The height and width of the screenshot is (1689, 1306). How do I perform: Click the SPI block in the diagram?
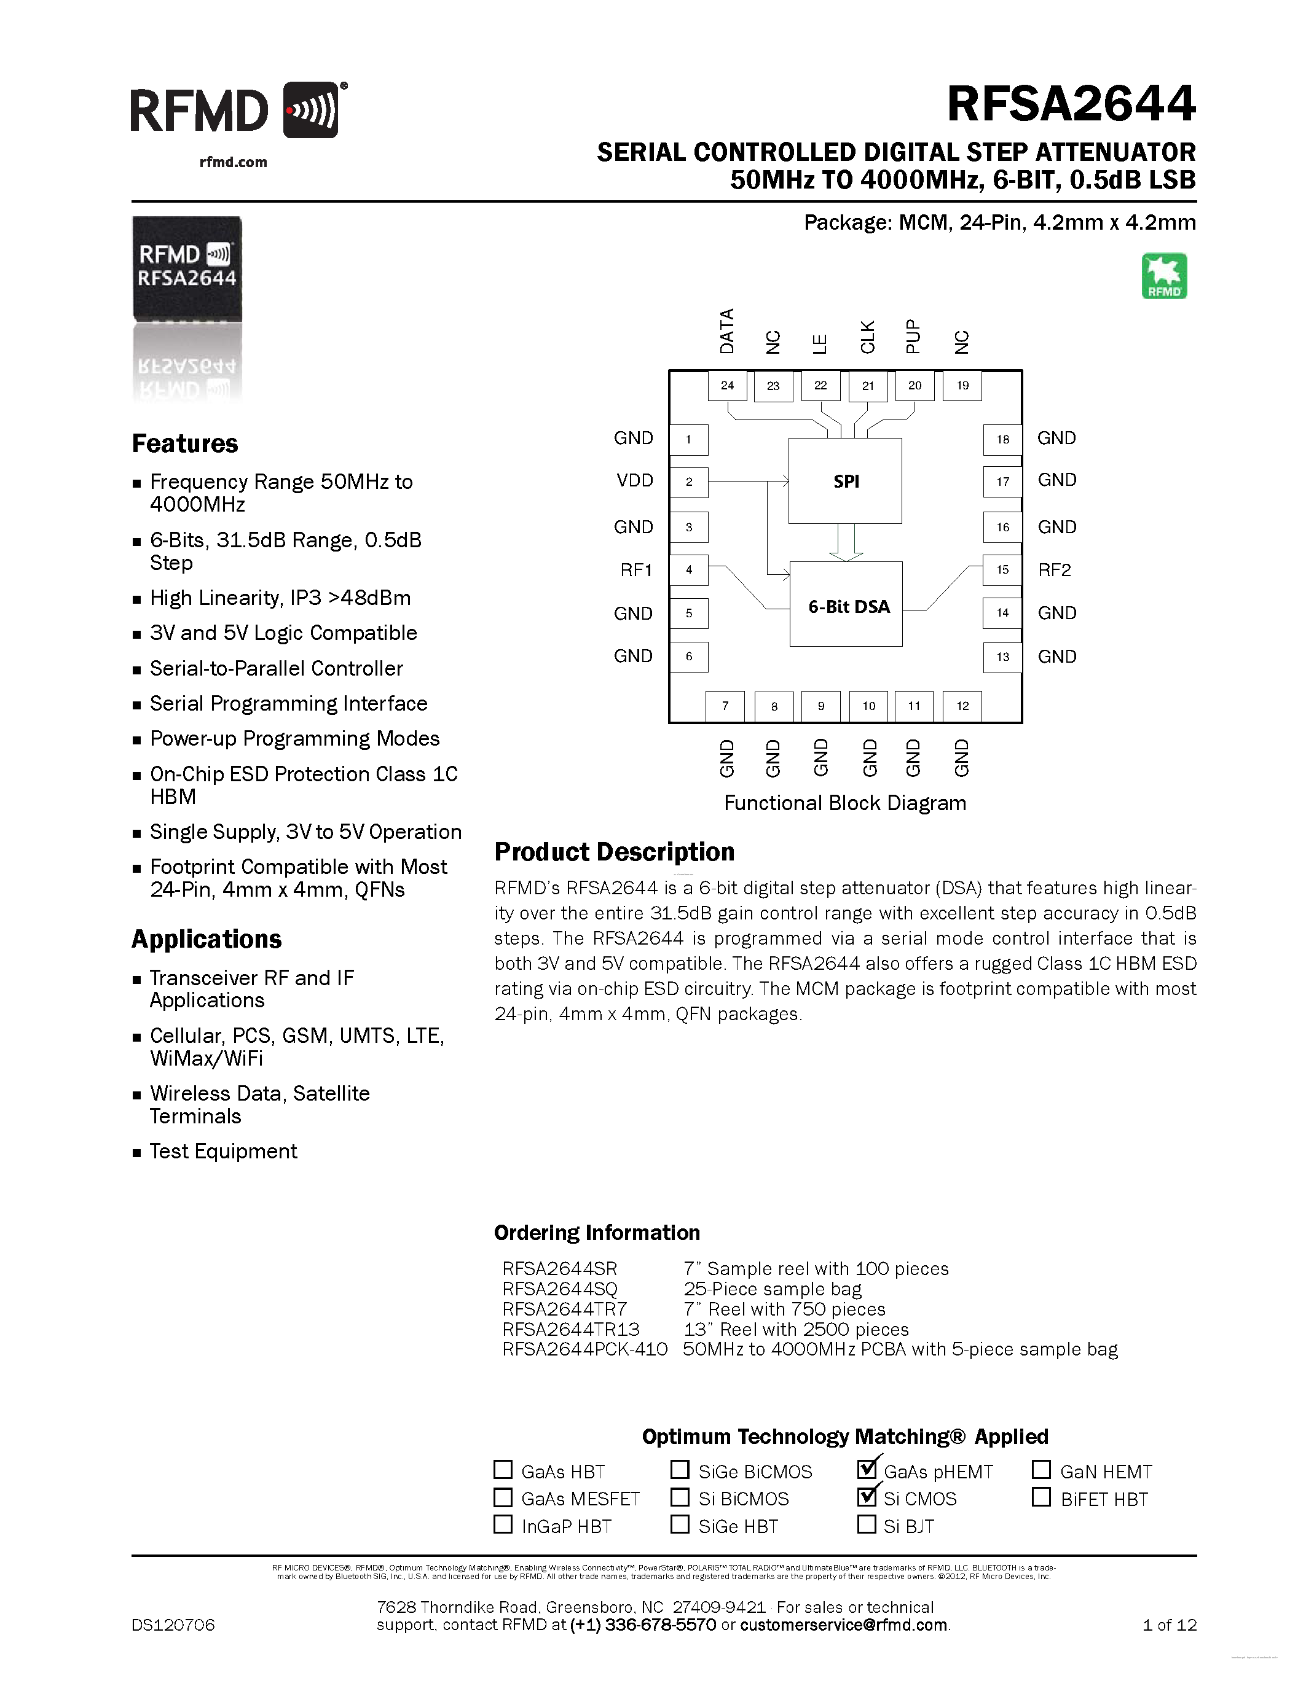point(845,481)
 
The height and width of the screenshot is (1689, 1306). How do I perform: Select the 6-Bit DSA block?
point(846,604)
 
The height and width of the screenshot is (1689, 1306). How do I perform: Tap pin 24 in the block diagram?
point(727,385)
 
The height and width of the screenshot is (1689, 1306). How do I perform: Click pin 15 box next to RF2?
point(1002,570)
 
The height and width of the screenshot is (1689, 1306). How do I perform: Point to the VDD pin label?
point(634,480)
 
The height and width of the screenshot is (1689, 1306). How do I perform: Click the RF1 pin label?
point(636,570)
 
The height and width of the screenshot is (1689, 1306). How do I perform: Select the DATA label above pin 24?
point(726,331)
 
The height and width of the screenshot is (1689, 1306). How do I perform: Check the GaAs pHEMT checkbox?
point(867,1468)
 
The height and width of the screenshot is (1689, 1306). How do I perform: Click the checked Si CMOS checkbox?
point(867,1496)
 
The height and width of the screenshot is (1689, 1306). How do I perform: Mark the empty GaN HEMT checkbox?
point(1041,1469)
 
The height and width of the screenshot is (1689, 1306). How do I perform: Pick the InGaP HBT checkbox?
point(503,1524)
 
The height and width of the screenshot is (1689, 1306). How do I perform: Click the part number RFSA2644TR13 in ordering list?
point(571,1328)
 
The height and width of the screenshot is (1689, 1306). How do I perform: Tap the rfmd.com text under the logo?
point(233,162)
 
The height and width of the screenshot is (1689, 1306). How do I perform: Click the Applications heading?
point(207,939)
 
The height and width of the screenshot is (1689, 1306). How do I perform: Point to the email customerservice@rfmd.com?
point(843,1624)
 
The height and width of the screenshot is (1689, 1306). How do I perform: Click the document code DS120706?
point(173,1625)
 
